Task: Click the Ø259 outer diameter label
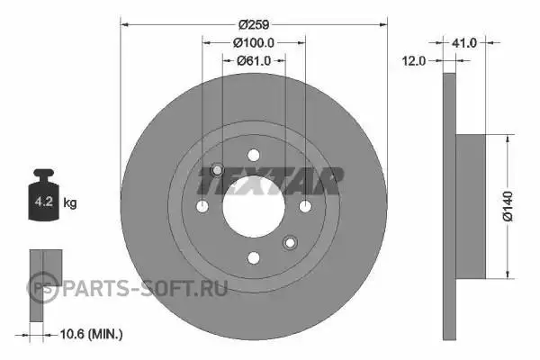pyautogui.click(x=253, y=24)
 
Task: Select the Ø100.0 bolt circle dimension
pyautogui.click(x=253, y=42)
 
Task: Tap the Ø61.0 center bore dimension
pyautogui.click(x=254, y=60)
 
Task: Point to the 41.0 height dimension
pyautogui.click(x=463, y=42)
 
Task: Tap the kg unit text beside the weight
pyautogui.click(x=70, y=203)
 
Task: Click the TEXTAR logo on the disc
pyautogui.click(x=271, y=182)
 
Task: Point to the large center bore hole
pyautogui.click(x=253, y=206)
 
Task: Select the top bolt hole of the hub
pyautogui.click(x=253, y=155)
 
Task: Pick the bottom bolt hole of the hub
pyautogui.click(x=253, y=258)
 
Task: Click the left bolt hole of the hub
pyautogui.click(x=202, y=207)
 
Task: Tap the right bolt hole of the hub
pyautogui.click(x=305, y=207)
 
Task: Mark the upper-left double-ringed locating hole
pyautogui.click(x=217, y=170)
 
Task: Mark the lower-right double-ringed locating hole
pyautogui.click(x=290, y=243)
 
